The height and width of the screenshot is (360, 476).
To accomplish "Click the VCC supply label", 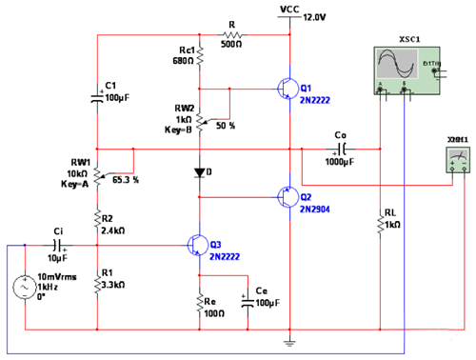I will pyautogui.click(x=290, y=8).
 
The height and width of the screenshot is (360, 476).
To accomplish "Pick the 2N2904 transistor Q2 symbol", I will pyautogui.click(x=286, y=196).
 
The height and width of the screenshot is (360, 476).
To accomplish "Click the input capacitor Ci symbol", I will pyautogui.click(x=57, y=246).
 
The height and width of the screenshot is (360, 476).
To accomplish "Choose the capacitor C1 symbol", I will pyautogui.click(x=97, y=95).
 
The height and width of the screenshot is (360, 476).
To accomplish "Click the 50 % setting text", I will pyautogui.click(x=226, y=125).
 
